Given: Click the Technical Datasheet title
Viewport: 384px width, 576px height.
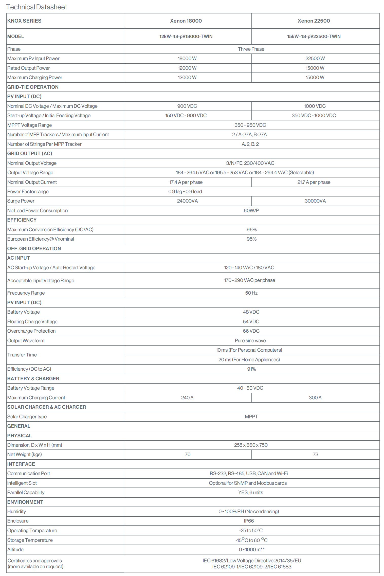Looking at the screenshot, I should [36, 7].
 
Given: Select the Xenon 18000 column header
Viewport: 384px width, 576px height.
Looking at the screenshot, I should [186, 21].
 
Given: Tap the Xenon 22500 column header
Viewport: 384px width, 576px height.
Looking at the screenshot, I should [314, 21].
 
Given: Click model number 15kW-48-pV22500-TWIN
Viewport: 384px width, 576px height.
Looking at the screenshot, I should [314, 36].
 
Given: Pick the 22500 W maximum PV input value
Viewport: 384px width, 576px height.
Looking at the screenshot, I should [315, 58].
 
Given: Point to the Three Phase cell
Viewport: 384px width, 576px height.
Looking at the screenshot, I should [251, 49].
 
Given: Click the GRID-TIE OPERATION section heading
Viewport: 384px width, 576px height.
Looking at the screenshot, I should [33, 87].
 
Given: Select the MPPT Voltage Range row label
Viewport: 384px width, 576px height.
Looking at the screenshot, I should [29, 125].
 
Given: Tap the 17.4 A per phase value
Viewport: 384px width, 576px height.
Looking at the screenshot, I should [186, 182].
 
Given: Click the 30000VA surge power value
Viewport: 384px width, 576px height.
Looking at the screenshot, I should [315, 201].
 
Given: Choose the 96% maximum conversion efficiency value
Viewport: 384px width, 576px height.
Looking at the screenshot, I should [251, 229].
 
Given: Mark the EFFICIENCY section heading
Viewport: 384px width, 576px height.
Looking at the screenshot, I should [22, 220].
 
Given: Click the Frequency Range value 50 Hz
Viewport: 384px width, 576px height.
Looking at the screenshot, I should [251, 293].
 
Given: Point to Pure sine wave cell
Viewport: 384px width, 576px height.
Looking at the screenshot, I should [250, 340].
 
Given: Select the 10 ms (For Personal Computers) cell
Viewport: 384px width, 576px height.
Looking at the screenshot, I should [249, 350].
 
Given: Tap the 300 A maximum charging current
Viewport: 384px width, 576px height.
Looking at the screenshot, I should [315, 398].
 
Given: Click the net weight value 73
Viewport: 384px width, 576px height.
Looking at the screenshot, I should [315, 454].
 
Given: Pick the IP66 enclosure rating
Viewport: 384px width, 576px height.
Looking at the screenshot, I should [249, 521].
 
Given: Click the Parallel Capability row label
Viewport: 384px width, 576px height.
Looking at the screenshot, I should [26, 492].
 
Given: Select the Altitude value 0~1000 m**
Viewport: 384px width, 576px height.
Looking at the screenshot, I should [251, 549].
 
